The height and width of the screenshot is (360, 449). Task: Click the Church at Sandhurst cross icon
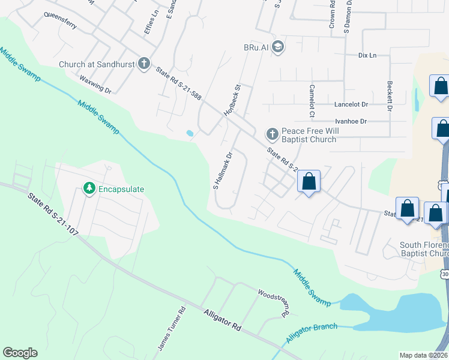pyautogui.click(x=143, y=63)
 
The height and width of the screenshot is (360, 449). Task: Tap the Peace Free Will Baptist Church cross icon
pyautogui.click(x=271, y=133)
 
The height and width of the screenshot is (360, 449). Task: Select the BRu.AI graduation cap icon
pyautogui.click(x=277, y=47)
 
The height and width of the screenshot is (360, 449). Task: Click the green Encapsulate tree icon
pyautogui.click(x=89, y=188)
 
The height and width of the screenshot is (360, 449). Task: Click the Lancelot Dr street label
pyautogui.click(x=351, y=104)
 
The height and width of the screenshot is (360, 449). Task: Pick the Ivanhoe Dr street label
pyautogui.click(x=350, y=121)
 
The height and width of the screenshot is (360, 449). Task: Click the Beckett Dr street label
pyautogui.click(x=390, y=97)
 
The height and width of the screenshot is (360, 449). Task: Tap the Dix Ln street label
pyautogui.click(x=366, y=55)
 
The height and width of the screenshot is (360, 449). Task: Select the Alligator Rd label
pyautogui.click(x=222, y=320)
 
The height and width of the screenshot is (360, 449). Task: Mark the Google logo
pyautogui.click(x=20, y=353)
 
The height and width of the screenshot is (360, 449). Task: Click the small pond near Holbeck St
pyautogui.click(x=190, y=133)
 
